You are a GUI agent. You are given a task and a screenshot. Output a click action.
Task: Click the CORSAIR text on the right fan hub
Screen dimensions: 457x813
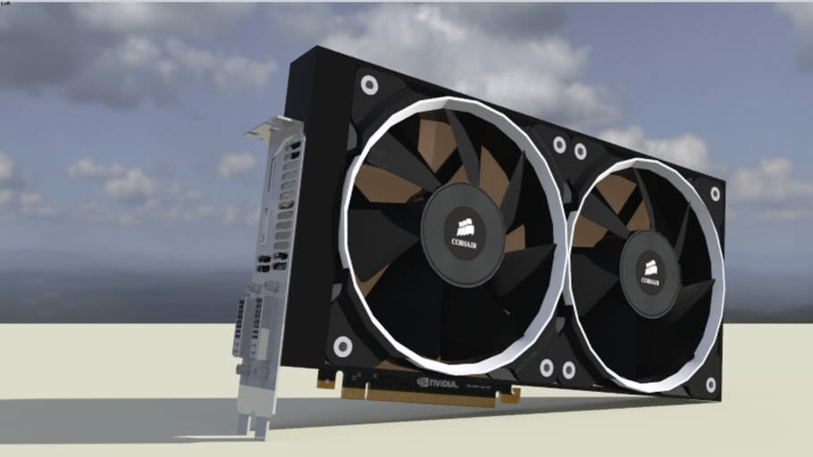point(650,279)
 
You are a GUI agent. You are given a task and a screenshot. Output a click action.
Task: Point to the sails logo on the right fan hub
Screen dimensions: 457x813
point(650,266)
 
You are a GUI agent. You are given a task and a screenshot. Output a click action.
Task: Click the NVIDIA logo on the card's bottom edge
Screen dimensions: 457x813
point(437,383)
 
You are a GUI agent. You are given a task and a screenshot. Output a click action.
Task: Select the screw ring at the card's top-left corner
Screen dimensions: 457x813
point(368,86)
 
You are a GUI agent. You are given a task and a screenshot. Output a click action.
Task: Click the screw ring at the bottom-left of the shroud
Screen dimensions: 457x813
point(342,346)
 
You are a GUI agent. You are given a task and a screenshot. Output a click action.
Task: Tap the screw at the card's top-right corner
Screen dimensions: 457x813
point(715,194)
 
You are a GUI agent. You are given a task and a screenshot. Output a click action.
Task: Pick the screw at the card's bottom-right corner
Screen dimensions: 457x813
point(710,385)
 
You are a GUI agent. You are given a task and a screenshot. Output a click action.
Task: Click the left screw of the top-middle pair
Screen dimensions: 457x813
point(559,145)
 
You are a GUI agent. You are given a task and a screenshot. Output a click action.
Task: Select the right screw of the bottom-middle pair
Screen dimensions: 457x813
point(568,370)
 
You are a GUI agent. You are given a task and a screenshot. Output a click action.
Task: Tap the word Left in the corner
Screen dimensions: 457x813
point(7,4)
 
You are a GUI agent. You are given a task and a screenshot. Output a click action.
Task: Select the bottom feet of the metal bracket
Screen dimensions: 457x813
point(252,426)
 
